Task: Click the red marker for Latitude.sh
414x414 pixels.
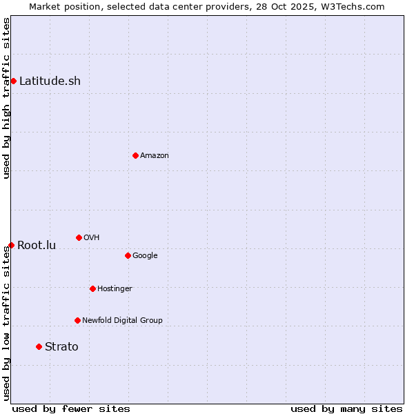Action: pos(13,81)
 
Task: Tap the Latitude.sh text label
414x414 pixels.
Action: pos(50,81)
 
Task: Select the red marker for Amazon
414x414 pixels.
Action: pos(135,155)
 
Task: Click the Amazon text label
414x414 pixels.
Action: pos(154,156)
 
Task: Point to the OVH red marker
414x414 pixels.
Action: pos(79,237)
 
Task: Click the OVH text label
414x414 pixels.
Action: pos(91,238)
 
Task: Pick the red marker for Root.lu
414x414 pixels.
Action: pos(11,245)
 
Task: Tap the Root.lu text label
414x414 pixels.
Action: pos(37,246)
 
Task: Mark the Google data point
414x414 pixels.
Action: pos(128,255)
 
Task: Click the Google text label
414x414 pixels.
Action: pos(145,256)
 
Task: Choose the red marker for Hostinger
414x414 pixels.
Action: pos(92,288)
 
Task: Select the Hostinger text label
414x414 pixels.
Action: pos(115,289)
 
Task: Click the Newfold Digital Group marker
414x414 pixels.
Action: pos(77,320)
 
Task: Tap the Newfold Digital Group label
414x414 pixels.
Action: pos(122,321)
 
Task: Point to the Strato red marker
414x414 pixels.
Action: pos(39,346)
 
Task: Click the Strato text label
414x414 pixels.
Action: pos(61,347)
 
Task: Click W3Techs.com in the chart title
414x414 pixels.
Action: pos(355,7)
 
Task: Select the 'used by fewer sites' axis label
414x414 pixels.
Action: pos(71,408)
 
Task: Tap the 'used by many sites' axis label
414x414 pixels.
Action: pos(346,408)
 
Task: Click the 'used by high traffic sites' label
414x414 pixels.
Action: pos(7,98)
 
